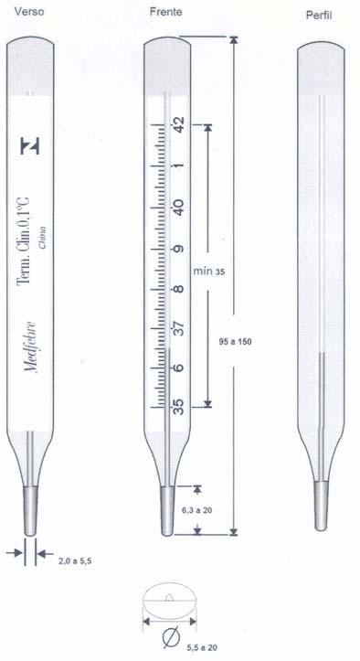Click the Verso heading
[x=29, y=11]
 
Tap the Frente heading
[x=166, y=12]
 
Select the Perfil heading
[x=319, y=16]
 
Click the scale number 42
[x=179, y=124]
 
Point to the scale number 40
[x=179, y=207]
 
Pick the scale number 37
[x=179, y=328]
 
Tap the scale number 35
[x=179, y=407]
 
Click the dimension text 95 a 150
[x=235, y=341]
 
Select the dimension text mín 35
[x=209, y=271]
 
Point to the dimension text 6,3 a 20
[x=196, y=510]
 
